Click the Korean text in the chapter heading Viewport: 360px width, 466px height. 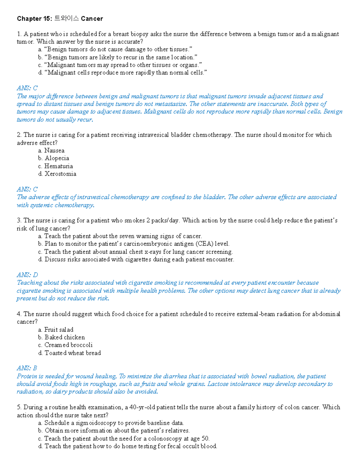[67, 19]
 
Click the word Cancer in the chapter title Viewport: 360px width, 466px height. [92, 19]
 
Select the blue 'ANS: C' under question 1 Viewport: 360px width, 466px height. [27, 88]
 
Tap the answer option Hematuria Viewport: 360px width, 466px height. [58, 166]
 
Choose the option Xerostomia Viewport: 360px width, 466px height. [60, 174]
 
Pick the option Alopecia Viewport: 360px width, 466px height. [57, 158]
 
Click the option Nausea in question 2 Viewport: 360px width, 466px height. [54, 150]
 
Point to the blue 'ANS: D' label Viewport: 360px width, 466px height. [27, 275]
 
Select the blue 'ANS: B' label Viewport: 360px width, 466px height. [27, 368]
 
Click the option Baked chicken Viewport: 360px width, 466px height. [64, 337]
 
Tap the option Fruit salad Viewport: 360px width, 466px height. [59, 329]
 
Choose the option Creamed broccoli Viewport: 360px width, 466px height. [68, 345]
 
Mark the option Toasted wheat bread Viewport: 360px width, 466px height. [73, 353]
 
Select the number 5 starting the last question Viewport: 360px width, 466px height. [19, 407]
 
